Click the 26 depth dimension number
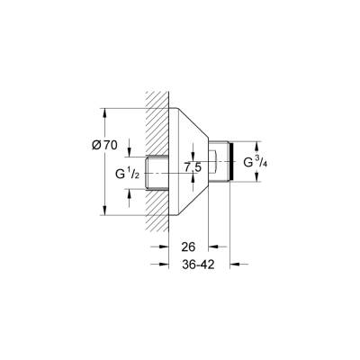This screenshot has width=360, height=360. pyautogui.click(x=188, y=247)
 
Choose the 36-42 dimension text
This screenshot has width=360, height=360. pyautogui.click(x=198, y=265)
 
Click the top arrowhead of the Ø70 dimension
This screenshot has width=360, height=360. pyautogui.click(x=105, y=113)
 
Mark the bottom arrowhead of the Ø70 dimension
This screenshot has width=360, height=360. pyautogui.click(x=105, y=213)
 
